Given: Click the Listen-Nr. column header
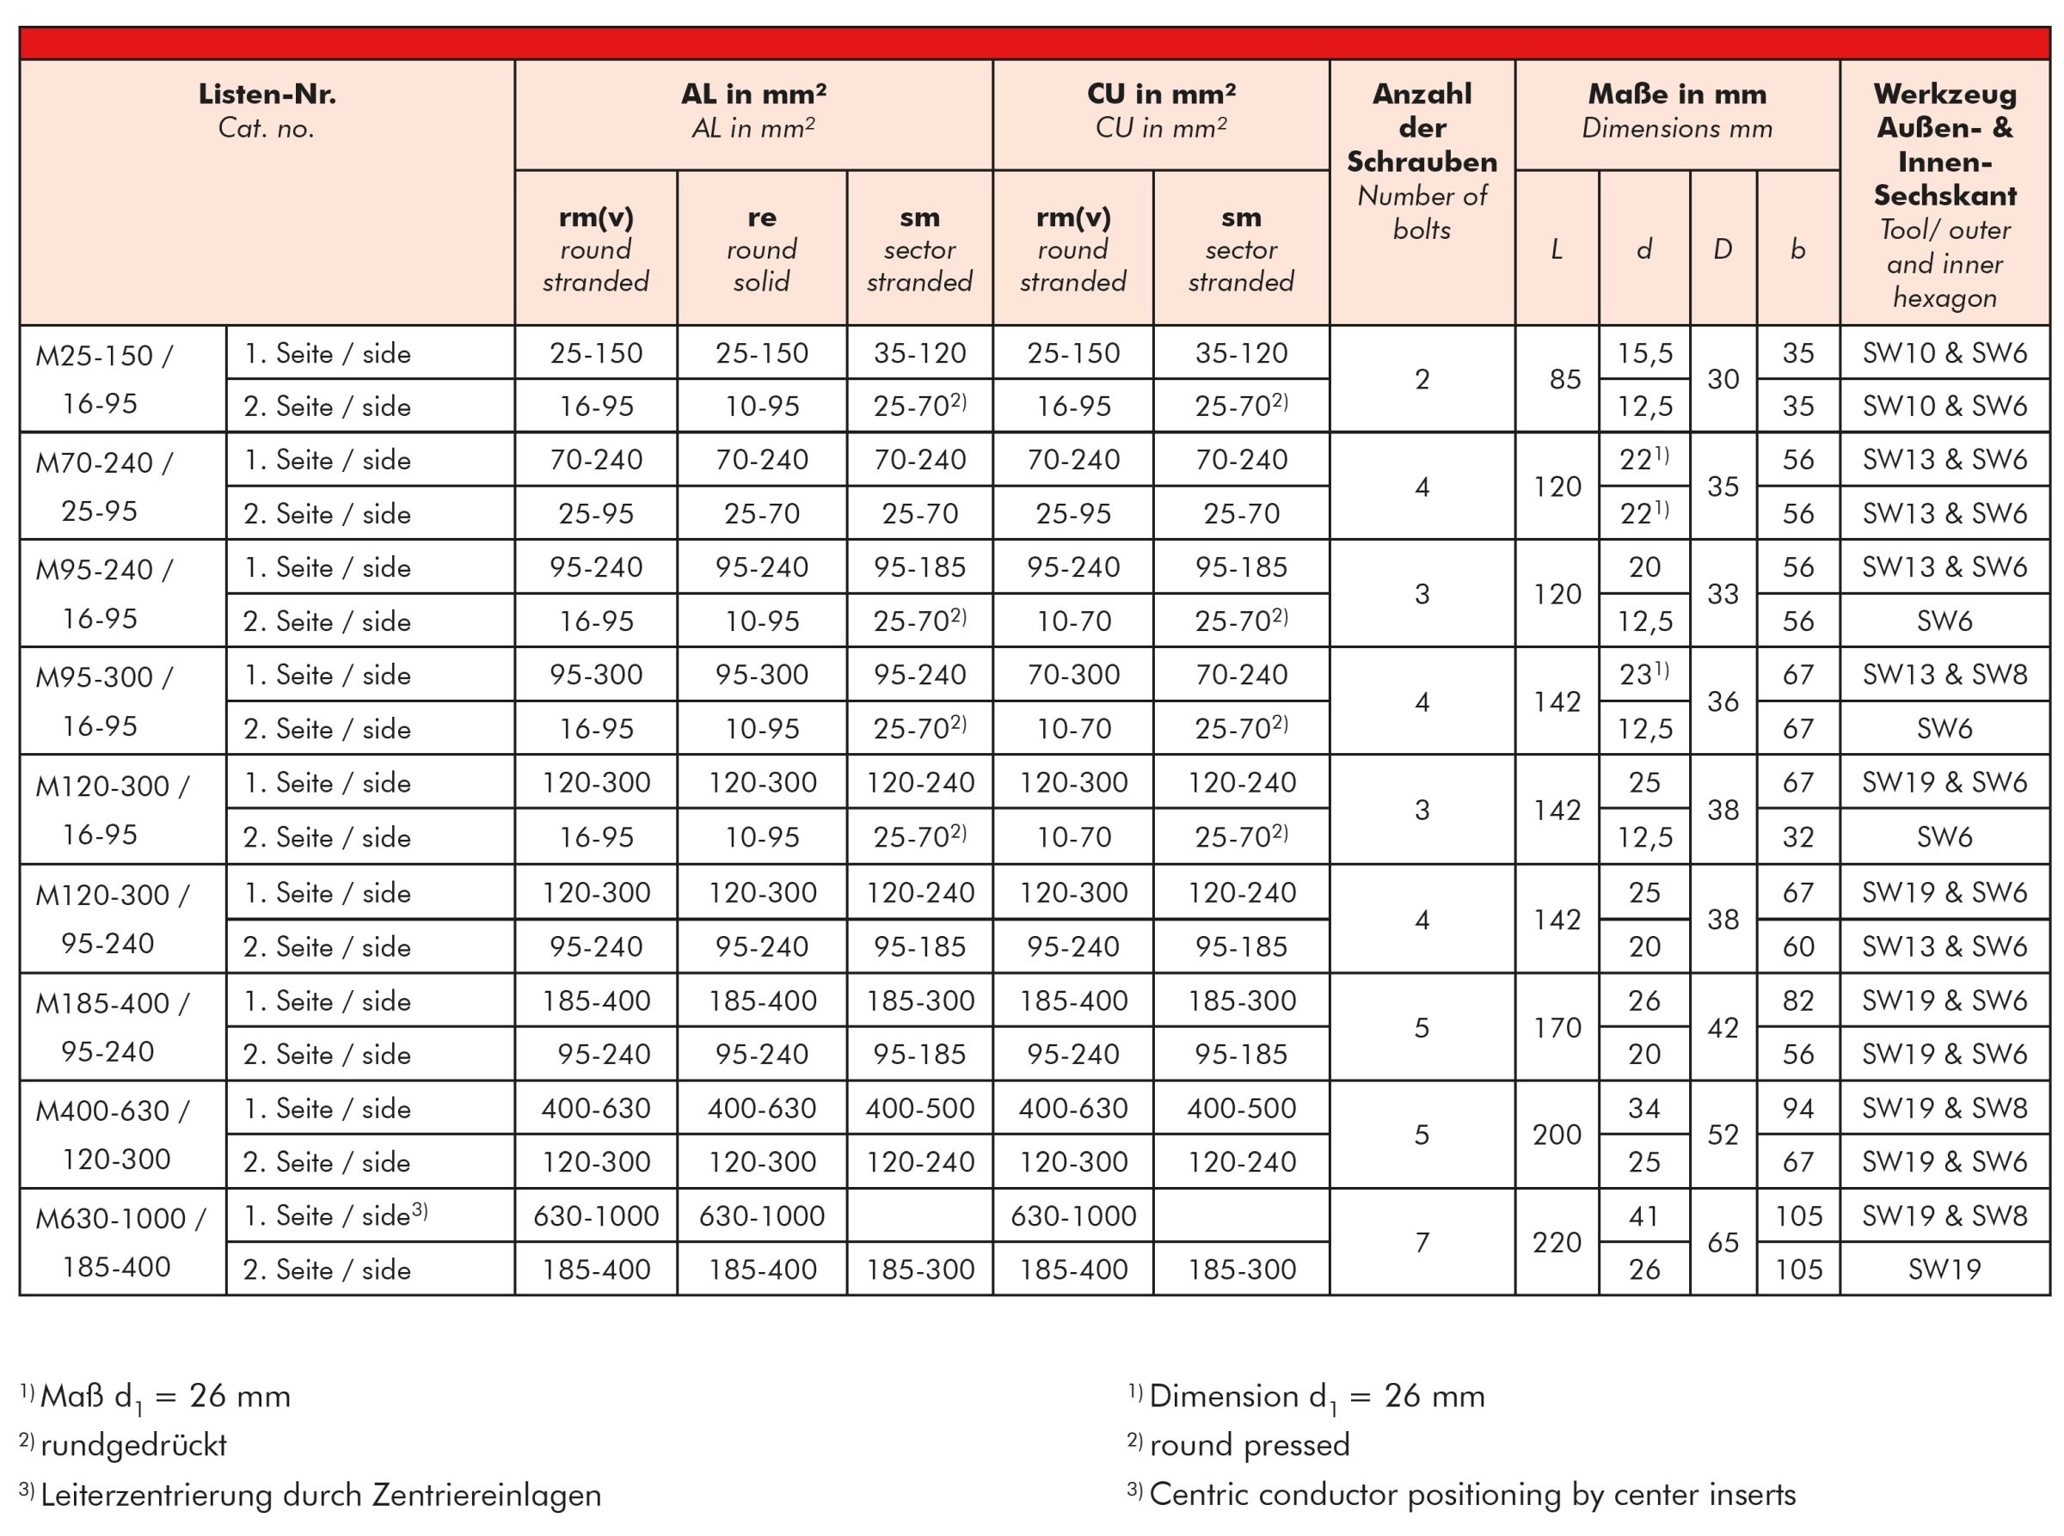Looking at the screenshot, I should click(x=266, y=110).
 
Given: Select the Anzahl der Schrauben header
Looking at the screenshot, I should click(x=1422, y=160).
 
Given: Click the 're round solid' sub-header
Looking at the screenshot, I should click(x=761, y=248).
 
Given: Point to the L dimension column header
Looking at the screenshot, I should click(x=1556, y=249).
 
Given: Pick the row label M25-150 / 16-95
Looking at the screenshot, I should click(x=102, y=379).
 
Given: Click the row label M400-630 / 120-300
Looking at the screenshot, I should click(x=114, y=1135).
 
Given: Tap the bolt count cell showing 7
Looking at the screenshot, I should click(x=1422, y=1242).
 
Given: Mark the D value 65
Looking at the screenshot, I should click(x=1723, y=1242).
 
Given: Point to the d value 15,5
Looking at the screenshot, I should click(x=1644, y=353).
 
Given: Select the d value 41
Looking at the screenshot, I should click(x=1644, y=1215).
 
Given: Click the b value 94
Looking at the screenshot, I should click(x=1798, y=1108).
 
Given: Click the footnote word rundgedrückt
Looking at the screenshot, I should click(x=134, y=1445).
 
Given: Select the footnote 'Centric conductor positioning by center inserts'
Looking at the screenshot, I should click(x=1472, y=1494).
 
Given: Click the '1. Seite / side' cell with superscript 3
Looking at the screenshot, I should click(x=335, y=1215).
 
